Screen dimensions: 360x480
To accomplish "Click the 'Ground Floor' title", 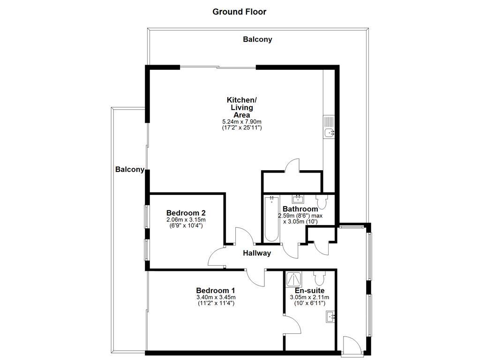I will coord(239,12).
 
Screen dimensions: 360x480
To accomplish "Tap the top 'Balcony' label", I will coord(257,40).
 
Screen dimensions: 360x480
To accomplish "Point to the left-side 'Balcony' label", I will coord(130,170).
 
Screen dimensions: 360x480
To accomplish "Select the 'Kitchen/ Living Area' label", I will coord(242,107).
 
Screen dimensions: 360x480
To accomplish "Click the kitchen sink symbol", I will coord(330,133).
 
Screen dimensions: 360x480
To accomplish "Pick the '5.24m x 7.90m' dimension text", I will coord(242,122).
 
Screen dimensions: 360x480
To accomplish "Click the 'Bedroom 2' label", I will coord(186,212).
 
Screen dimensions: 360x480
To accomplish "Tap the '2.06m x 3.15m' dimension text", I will coord(186,220).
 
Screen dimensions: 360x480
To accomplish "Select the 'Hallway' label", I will coord(257,253).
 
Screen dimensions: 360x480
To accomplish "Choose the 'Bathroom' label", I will coord(300,209).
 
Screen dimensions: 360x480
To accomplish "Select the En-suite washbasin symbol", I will coord(330,317).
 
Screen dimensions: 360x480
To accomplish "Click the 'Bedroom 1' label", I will coord(216,290).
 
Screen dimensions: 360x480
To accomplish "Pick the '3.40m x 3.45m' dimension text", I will coord(216,297).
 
